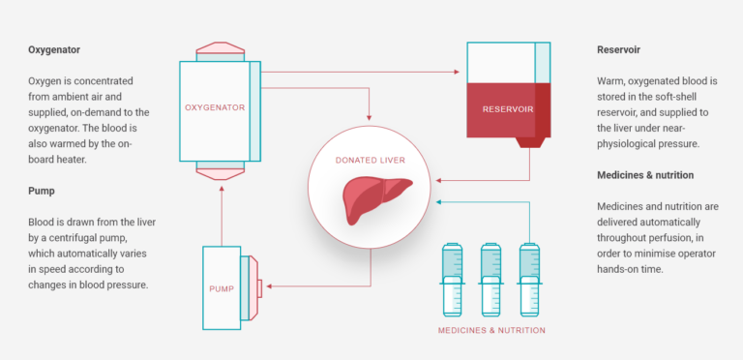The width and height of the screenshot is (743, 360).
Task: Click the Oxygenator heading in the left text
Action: point(56,49)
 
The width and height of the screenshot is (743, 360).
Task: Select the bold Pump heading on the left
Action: point(43,191)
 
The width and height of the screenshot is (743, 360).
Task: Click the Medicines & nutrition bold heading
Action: point(645,175)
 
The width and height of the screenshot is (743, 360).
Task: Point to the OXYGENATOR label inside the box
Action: point(214,107)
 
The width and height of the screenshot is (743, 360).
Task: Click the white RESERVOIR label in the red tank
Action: point(508,108)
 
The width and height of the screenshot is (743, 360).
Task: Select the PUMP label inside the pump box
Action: point(222,288)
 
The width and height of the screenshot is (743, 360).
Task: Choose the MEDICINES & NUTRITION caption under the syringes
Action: point(490,330)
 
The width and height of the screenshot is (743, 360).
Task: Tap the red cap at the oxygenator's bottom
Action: point(221,172)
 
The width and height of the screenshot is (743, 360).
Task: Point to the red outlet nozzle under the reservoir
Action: point(530,141)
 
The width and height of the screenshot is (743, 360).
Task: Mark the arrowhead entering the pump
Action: point(268,285)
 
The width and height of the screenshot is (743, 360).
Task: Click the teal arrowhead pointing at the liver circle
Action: point(439,202)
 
